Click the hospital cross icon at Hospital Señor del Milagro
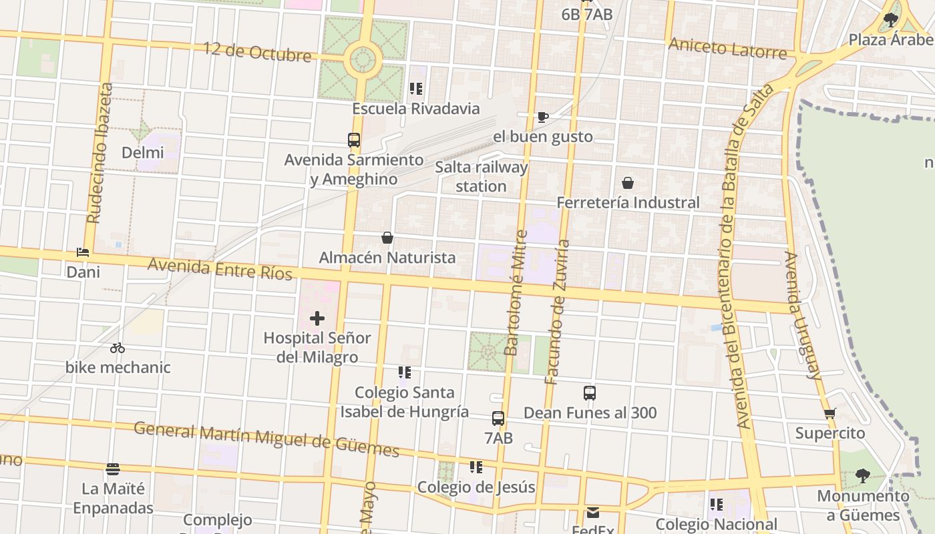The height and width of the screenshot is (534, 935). click(317, 318)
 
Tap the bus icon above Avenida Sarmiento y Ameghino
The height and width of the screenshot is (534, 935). click(354, 140)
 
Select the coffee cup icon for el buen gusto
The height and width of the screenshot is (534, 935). click(543, 117)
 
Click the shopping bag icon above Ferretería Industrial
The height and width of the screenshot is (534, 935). click(628, 183)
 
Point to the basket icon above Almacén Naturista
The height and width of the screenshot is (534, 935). click(387, 238)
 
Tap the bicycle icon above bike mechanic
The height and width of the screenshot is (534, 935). click(118, 348)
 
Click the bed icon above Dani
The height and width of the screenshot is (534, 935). click(83, 252)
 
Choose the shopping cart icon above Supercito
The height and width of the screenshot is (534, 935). click(830, 413)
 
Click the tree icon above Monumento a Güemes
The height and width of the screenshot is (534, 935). click(863, 476)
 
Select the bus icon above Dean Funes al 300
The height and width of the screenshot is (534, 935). click(590, 393)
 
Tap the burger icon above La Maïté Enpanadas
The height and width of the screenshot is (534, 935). click(113, 469)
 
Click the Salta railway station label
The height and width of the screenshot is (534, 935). click(482, 177)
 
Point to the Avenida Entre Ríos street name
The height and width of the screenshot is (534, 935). click(220, 269)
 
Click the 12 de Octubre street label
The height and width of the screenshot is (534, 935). click(257, 51)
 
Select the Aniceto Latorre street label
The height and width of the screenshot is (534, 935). click(728, 48)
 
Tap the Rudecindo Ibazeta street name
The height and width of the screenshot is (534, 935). click(99, 154)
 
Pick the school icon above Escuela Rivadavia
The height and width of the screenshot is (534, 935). click(416, 88)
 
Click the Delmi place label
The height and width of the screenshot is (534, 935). click(142, 153)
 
